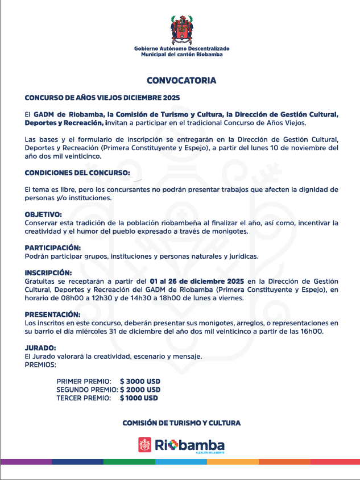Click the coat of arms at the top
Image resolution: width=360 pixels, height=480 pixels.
(181, 30)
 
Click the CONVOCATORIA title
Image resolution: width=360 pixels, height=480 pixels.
(181, 80)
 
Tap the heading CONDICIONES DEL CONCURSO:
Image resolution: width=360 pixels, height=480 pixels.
(77, 172)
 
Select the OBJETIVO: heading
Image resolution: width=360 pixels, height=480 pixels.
(43, 214)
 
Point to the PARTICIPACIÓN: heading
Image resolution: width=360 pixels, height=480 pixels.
(53, 248)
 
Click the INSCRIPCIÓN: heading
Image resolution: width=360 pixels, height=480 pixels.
(48, 273)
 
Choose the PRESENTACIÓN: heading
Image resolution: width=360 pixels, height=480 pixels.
(53, 315)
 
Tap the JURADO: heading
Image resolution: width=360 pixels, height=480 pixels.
(40, 348)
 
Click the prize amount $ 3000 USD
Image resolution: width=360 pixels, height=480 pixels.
(140, 380)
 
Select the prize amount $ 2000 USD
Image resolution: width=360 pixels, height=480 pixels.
(140, 390)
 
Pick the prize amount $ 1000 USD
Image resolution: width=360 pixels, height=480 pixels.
(139, 399)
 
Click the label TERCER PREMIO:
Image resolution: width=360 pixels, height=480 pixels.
(84, 399)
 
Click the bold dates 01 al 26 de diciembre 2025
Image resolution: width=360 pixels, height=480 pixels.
(197, 282)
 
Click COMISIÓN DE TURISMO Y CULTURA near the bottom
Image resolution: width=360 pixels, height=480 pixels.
(181, 423)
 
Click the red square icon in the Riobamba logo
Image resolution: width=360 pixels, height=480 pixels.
(145, 445)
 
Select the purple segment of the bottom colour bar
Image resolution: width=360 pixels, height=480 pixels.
(26, 462)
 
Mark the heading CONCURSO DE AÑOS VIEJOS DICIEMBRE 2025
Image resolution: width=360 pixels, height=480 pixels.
(102, 98)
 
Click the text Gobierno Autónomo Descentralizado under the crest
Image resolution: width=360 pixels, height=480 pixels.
(181, 49)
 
